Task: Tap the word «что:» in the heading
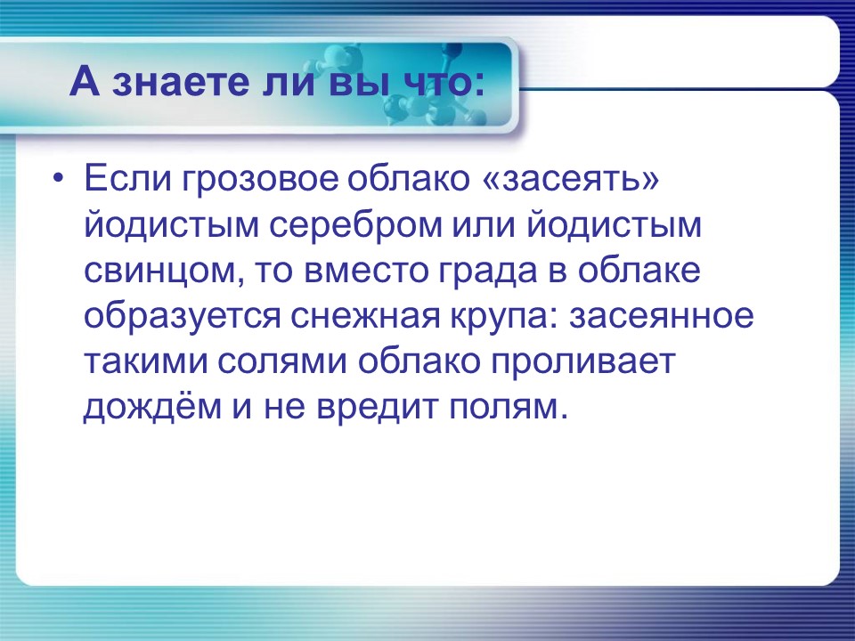click(441, 85)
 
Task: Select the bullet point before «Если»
click(58, 179)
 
